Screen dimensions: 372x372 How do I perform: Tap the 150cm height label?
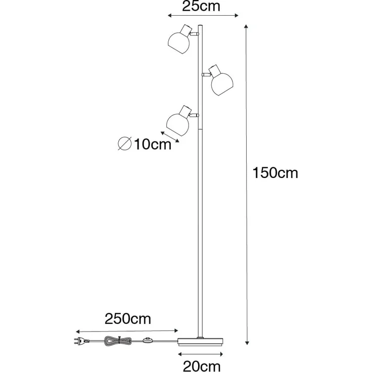point(276,173)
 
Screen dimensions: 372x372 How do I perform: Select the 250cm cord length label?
point(128,319)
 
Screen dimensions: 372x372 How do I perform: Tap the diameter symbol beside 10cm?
point(125,144)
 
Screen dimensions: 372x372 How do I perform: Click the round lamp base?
point(200,340)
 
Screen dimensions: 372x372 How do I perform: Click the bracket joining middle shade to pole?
point(205,75)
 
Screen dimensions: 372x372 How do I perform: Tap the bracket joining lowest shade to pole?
point(195,116)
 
